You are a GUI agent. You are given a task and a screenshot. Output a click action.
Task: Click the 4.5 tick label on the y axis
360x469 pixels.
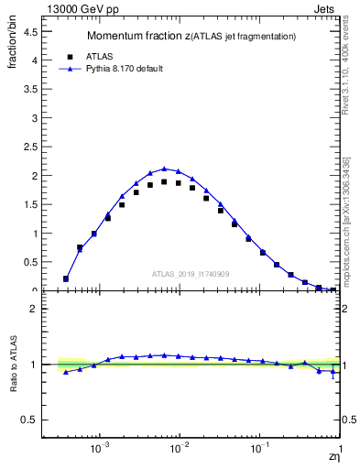(x=31, y=31)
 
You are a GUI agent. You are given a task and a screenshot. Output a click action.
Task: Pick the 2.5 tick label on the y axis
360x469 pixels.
(x=31, y=147)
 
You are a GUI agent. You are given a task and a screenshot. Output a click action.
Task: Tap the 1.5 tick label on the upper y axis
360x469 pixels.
(x=31, y=204)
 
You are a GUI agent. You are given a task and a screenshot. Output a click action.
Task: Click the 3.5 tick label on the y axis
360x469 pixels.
(x=31, y=89)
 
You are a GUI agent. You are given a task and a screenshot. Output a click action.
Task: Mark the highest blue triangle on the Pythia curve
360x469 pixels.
(x=164, y=169)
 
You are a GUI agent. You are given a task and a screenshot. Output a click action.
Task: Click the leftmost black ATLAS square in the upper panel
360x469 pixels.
(x=66, y=278)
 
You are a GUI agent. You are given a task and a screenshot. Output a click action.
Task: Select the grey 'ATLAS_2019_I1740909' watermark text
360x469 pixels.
(x=193, y=273)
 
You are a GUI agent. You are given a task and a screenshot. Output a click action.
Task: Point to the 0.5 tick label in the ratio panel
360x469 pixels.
(x=31, y=420)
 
